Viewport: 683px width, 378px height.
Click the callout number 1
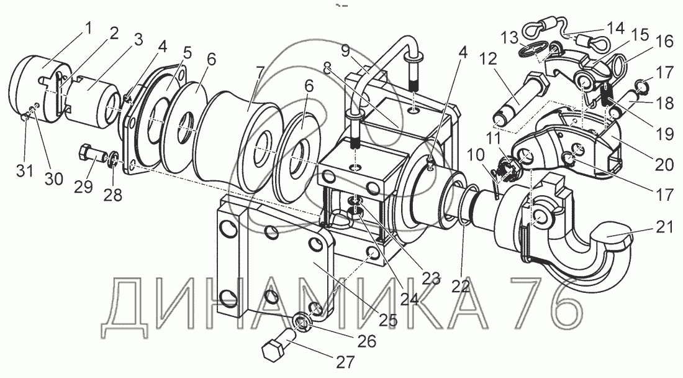coord(88,29)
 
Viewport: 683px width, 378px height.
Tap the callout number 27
coord(345,362)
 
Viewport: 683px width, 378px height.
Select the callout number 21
coord(664,227)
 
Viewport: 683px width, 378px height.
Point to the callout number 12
coord(489,59)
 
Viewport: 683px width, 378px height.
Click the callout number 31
coord(25,170)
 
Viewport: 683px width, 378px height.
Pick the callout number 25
coord(388,320)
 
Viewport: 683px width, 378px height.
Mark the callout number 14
coord(616,29)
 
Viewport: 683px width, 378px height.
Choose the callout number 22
coord(461,287)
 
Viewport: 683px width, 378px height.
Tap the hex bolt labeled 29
coord(93,155)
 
